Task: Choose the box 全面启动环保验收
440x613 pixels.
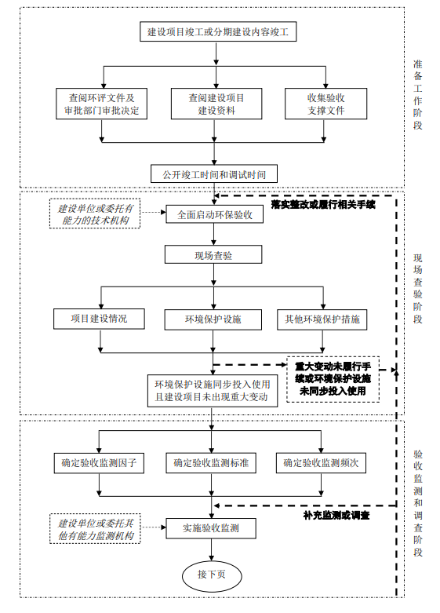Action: coord(214,214)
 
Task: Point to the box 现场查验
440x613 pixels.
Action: coord(213,255)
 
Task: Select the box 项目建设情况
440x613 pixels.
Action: coord(99,319)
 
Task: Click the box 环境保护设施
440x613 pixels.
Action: coord(213,319)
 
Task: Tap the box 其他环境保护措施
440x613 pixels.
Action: coord(322,319)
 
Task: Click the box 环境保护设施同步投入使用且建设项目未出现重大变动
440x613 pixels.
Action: coord(212,391)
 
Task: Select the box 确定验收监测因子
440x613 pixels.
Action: coord(99,463)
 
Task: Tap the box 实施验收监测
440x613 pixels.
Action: coord(212,528)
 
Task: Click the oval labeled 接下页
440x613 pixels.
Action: coord(211,575)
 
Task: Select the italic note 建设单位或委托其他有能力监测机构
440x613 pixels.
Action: coord(96,529)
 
